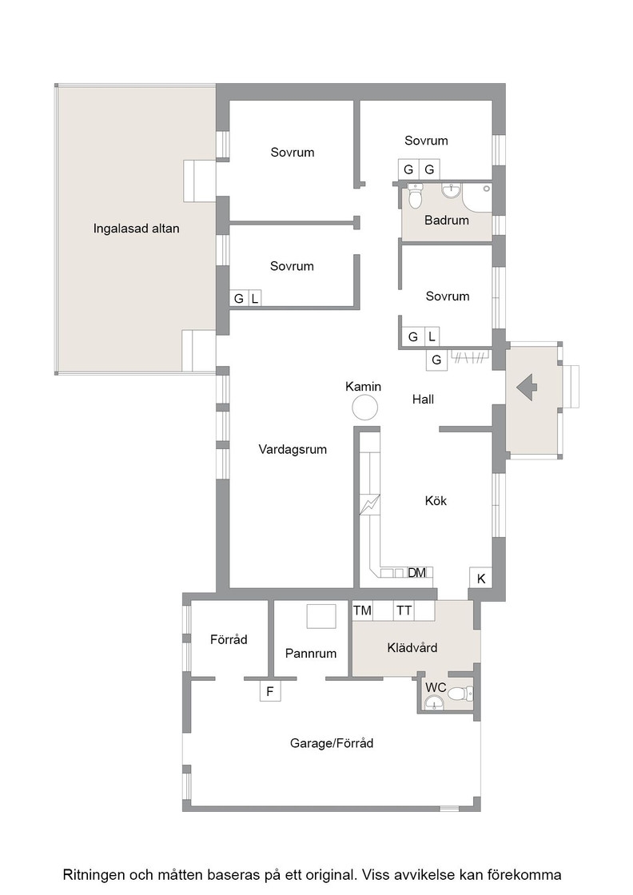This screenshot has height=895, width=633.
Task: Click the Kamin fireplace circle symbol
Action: coord(364,408)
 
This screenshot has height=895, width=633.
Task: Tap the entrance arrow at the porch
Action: coord(527,387)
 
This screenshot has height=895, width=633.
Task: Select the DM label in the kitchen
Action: coord(416,572)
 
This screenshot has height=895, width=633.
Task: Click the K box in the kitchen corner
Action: coord(480,579)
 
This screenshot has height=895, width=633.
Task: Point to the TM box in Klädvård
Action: coord(362,611)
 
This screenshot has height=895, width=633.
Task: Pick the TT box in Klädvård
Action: coord(404,611)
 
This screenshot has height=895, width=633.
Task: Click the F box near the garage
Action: coord(270,691)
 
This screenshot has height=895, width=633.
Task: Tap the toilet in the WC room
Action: coord(460,694)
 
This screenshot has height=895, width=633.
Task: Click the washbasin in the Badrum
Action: coord(452,191)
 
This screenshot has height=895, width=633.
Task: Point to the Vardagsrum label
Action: coord(293,449)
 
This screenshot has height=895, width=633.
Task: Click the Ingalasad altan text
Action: coord(137,229)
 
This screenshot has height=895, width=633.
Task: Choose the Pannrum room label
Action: coord(311,653)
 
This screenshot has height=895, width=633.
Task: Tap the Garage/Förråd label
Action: coord(332,743)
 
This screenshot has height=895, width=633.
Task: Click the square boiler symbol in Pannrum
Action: coord(321,616)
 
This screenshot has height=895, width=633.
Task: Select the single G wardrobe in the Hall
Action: coord(436,360)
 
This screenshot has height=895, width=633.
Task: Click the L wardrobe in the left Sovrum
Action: coord(255,298)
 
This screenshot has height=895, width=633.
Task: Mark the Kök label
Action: coord(436,500)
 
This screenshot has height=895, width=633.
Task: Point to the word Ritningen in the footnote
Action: coord(94,875)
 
